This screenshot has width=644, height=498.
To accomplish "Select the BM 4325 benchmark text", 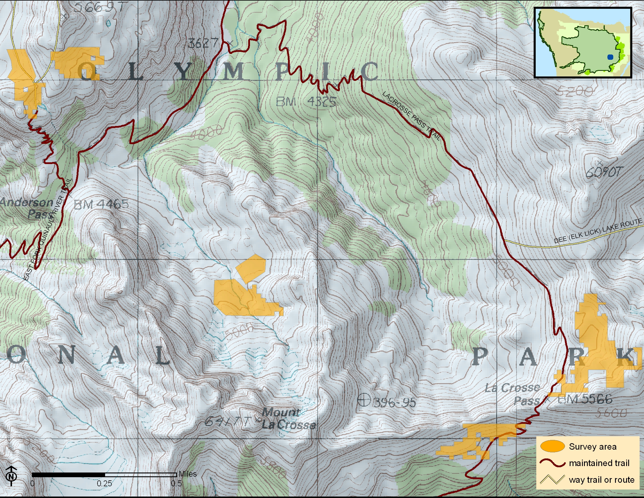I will coord(306,102).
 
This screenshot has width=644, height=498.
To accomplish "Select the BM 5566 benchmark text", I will coord(585,400).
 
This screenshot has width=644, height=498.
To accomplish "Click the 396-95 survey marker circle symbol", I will coord(364,401).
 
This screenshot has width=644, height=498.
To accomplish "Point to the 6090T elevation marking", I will coord(604,172).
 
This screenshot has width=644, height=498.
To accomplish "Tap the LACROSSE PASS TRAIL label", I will coord(412,115).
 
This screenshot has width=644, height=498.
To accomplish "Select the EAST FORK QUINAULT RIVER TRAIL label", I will coord(47,230).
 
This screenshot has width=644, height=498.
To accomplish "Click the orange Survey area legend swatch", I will coord(552,446).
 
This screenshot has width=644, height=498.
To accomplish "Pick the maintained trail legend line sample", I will coord(552,463).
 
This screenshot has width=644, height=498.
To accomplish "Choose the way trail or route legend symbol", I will coord(552,479).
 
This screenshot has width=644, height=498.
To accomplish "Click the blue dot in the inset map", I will coord(610,57).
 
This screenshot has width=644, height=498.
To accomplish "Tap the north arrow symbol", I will coord(11,476).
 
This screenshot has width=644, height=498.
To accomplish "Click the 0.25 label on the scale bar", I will coord(105,484).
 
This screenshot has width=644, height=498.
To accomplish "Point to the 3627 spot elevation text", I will coord(203,44).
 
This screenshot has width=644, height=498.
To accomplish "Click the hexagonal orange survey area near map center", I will coord(251,268).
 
